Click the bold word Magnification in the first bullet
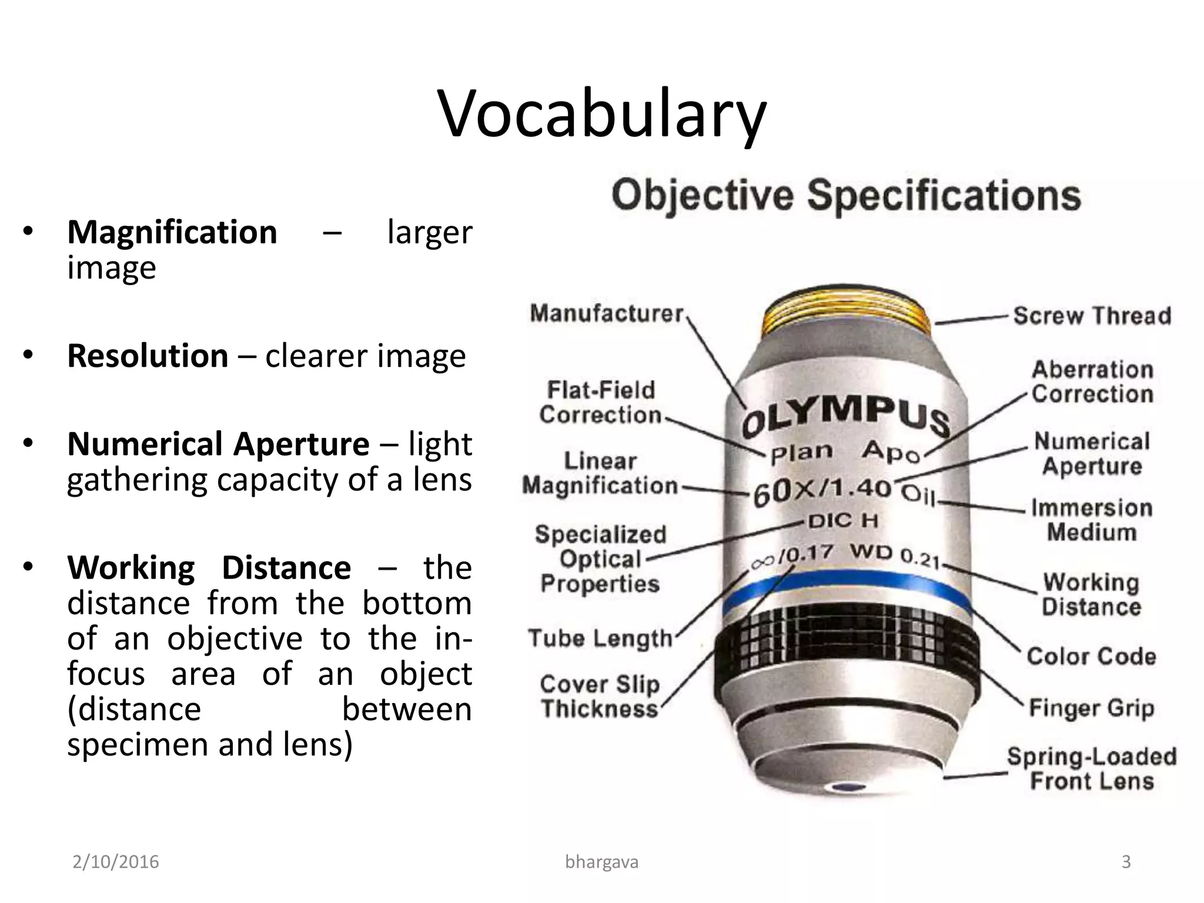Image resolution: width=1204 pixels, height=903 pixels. point(172,232)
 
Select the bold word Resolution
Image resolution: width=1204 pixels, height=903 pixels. point(148,356)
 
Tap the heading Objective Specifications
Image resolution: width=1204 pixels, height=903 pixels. point(846,195)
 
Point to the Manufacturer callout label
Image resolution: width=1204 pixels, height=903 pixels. point(607,313)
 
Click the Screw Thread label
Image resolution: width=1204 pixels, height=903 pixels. point(1092,316)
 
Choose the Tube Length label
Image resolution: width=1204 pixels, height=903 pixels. point(600,638)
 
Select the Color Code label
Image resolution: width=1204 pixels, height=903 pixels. point(1091,656)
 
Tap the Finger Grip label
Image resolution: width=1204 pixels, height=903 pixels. point(1091,708)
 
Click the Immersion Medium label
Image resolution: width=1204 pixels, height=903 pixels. point(1092,520)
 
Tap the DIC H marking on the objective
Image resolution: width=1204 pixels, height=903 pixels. point(842,520)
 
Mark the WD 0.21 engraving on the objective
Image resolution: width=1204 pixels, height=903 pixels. point(894,555)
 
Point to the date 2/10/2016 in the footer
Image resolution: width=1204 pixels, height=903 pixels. point(116,862)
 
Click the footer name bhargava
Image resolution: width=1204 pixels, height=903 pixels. point(601,862)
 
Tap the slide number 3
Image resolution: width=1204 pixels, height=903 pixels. point(1126,862)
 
